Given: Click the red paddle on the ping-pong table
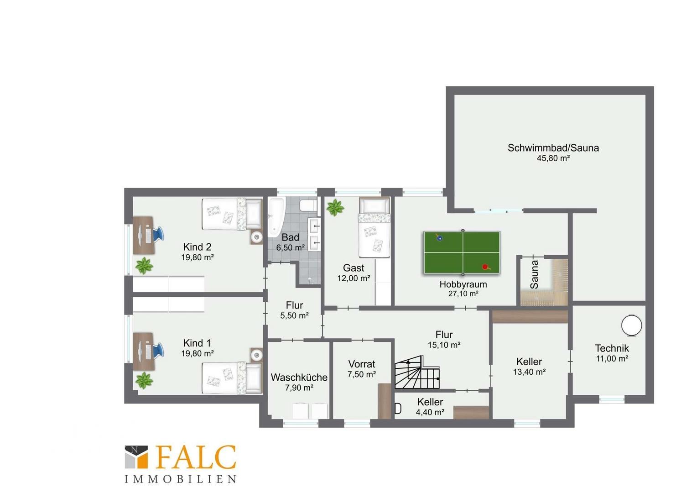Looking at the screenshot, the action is pyautogui.click(x=485, y=267).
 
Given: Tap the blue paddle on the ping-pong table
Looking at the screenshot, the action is pyautogui.click(x=439, y=238).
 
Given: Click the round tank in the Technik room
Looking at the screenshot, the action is pyautogui.click(x=631, y=325).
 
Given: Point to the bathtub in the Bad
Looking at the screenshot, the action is pyautogui.click(x=276, y=217).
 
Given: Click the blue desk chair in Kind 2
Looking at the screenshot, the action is pyautogui.click(x=159, y=234).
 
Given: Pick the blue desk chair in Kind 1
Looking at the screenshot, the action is pyautogui.click(x=159, y=349).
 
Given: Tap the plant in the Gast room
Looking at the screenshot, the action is pyautogui.click(x=335, y=208).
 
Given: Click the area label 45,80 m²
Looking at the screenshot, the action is pyautogui.click(x=553, y=158).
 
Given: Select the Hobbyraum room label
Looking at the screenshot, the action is pyautogui.click(x=463, y=284).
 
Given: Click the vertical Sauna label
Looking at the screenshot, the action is pyautogui.click(x=534, y=275).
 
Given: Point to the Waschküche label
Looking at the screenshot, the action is pyautogui.click(x=299, y=378).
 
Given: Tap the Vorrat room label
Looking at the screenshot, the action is pyautogui.click(x=362, y=364).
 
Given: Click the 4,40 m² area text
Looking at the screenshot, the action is pyautogui.click(x=430, y=412).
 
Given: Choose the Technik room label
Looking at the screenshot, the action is pyautogui.click(x=612, y=348).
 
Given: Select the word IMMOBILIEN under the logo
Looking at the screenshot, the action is pyautogui.click(x=181, y=479).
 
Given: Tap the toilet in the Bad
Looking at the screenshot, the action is pyautogui.click(x=308, y=205).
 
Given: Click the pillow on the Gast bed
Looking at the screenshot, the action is pyautogui.click(x=375, y=206).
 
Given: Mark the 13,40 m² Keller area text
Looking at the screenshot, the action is pyautogui.click(x=529, y=372).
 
